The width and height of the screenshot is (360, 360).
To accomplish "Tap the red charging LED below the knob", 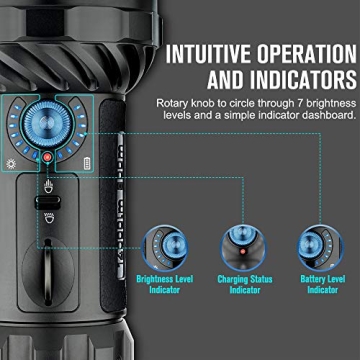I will click(47, 158).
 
